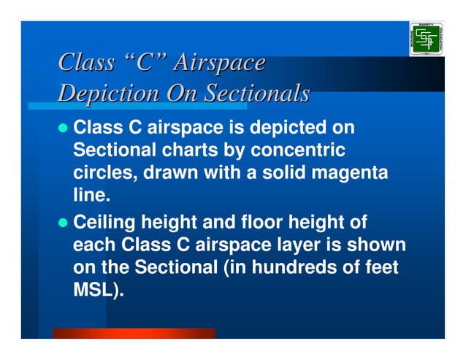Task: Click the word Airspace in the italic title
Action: coord(218,64)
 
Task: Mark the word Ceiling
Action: coord(103,221)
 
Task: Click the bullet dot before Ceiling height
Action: coord(64,222)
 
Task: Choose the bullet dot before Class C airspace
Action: coord(64,129)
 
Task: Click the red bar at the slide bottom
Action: coord(134,333)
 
